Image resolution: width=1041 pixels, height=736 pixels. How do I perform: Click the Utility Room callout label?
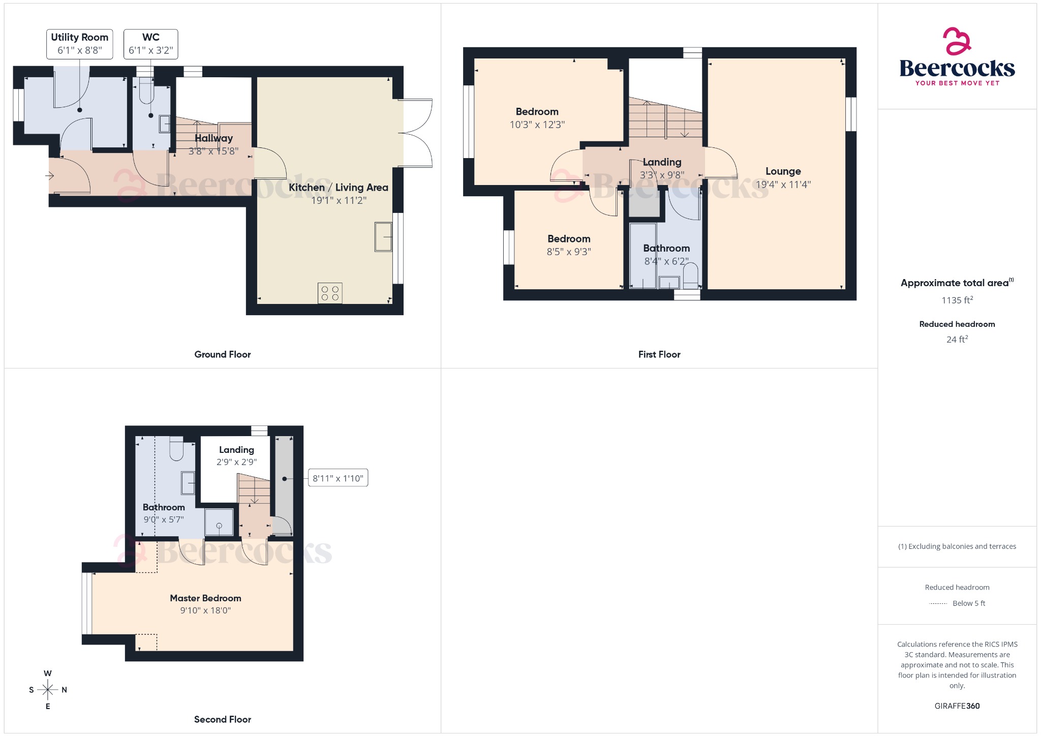click(80, 44)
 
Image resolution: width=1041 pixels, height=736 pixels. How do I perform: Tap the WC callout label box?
click(151, 44)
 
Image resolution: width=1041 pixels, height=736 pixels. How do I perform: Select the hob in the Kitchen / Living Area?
click(330, 293)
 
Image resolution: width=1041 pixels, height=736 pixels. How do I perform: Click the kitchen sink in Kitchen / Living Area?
click(383, 237)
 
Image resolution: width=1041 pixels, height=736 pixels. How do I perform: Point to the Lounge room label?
click(783, 171)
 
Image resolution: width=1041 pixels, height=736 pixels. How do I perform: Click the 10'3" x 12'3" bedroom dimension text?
click(537, 125)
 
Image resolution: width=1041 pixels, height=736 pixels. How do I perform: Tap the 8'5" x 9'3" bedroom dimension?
click(568, 252)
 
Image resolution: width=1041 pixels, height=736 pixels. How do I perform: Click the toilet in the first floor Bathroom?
click(690, 277)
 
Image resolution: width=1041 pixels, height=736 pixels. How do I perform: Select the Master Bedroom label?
click(205, 598)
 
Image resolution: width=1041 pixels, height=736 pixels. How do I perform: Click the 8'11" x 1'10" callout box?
click(338, 478)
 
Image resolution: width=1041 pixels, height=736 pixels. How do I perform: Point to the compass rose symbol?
click(48, 690)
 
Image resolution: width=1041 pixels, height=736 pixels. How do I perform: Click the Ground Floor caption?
click(222, 354)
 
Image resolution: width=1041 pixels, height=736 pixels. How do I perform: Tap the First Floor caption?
click(659, 354)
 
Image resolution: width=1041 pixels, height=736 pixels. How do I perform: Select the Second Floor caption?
click(222, 719)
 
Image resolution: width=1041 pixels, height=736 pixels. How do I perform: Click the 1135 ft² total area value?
click(957, 300)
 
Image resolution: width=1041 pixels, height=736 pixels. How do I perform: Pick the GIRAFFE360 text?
click(957, 706)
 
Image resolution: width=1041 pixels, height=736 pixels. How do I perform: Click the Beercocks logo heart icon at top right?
click(957, 41)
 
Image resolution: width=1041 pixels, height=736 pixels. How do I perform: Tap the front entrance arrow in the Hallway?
click(50, 176)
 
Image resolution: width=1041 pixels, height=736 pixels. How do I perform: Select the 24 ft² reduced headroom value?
click(957, 340)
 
